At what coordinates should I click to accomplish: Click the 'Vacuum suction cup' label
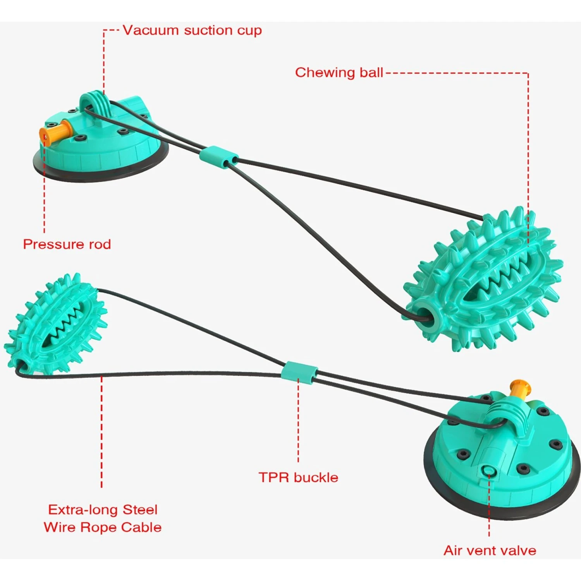192,30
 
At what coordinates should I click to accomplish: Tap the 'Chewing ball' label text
339,72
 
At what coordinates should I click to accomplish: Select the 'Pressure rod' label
67,244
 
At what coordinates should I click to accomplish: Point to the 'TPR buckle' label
298,477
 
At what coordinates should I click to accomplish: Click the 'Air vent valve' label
490,550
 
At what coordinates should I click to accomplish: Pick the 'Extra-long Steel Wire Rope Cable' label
103,518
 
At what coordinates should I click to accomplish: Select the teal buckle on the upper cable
219,156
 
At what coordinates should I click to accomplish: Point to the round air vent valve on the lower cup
488,471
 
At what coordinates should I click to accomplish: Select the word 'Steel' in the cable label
140,509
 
